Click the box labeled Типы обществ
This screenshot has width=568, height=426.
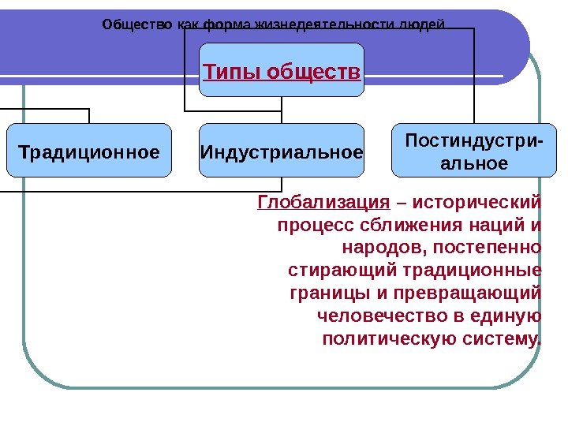pos(282,73)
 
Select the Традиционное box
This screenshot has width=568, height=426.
pos(88,151)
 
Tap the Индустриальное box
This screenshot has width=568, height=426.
pos(282,151)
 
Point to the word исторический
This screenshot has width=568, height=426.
pos(478,203)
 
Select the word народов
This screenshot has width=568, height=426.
pos(376,248)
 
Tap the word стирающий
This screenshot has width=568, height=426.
pos(343,271)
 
